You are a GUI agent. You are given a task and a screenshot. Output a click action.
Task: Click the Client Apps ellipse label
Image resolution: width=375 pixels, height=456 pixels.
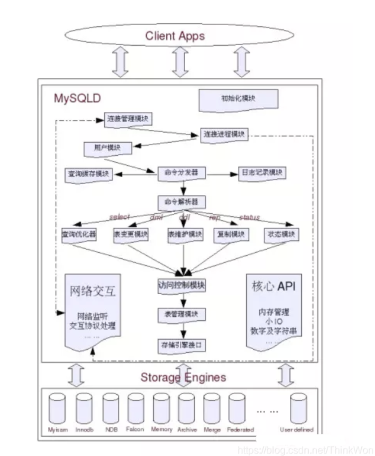175,36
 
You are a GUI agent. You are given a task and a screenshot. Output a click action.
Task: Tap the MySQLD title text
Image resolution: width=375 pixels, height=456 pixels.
77,98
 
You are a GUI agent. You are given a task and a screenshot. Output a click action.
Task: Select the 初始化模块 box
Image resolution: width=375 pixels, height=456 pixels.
238,99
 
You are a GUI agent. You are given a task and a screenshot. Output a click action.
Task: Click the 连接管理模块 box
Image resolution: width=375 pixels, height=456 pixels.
128,119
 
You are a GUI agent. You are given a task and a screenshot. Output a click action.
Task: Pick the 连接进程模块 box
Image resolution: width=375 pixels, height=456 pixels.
224,135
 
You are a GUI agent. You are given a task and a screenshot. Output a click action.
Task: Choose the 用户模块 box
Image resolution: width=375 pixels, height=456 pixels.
107,148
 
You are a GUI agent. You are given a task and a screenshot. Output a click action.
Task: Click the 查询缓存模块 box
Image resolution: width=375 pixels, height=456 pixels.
89,174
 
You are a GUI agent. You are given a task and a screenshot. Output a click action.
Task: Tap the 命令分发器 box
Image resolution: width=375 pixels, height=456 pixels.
182,173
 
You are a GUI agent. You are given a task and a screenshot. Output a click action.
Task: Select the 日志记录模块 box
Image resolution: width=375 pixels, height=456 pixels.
262,173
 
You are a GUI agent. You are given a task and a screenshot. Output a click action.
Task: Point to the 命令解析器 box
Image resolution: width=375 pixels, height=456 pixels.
182,202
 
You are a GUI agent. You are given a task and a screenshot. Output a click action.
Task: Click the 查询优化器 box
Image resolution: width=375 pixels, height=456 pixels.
79,235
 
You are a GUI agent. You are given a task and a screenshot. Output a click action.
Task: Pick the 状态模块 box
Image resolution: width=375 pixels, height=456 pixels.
281,235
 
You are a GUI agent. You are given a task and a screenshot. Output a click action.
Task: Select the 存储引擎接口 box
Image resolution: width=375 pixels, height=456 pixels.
182,346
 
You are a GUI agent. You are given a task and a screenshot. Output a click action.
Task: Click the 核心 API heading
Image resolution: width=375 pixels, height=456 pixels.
274,286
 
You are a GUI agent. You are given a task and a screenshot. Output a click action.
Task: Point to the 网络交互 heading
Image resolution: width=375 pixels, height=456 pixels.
92,291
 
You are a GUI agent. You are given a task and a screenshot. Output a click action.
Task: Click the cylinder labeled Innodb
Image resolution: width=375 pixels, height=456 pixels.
84,408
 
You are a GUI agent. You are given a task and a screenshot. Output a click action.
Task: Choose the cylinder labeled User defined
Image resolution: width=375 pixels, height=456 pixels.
298,408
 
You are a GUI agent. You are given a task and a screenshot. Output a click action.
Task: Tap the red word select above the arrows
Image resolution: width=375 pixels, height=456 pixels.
119,217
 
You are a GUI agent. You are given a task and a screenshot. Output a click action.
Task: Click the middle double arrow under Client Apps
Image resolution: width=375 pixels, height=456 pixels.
180,62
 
